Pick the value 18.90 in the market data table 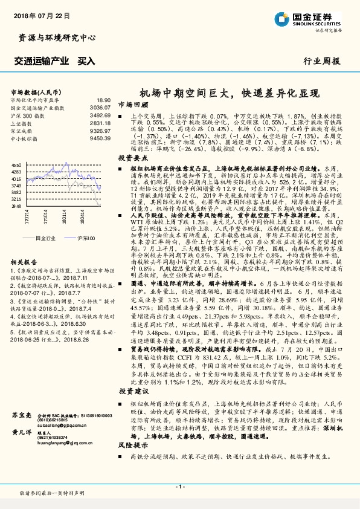pos(104,100)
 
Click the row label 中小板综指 pos(25,138)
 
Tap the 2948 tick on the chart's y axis pos(16,206)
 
